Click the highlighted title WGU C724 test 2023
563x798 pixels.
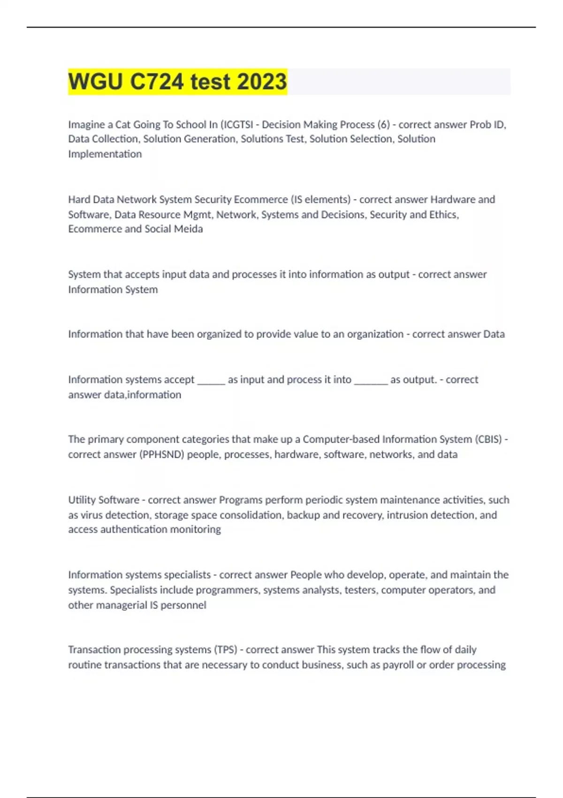pyautogui.click(x=177, y=82)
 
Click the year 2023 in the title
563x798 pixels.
pyautogui.click(x=262, y=82)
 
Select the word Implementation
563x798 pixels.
pyautogui.click(x=105, y=154)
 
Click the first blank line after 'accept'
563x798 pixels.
pyautogui.click(x=211, y=381)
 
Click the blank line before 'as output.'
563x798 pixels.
pyautogui.click(x=371, y=381)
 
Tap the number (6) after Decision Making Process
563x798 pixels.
pyautogui.click(x=383, y=124)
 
